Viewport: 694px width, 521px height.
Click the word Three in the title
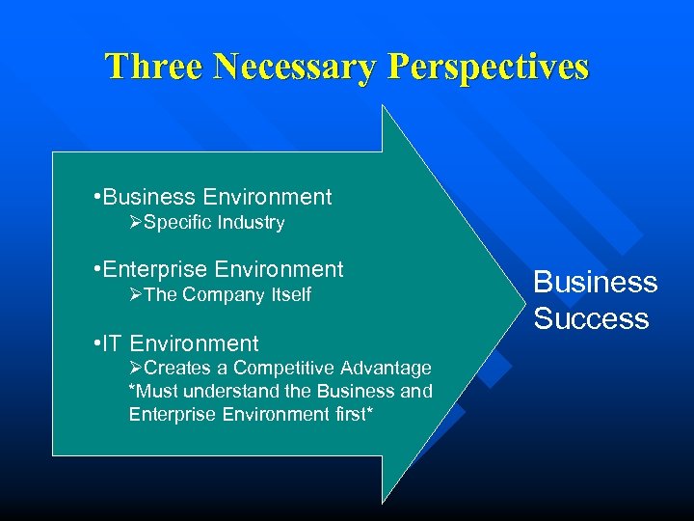154,67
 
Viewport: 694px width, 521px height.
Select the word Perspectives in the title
488,67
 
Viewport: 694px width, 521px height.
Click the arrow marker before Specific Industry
136,223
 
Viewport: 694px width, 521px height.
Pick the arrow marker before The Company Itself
136,295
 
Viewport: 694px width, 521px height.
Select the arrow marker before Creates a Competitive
136,369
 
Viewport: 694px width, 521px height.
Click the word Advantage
387,369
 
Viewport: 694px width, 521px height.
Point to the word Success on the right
591,318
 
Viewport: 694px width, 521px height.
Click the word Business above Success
595,282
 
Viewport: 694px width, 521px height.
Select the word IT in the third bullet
113,343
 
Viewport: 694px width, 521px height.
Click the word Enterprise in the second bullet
156,270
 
